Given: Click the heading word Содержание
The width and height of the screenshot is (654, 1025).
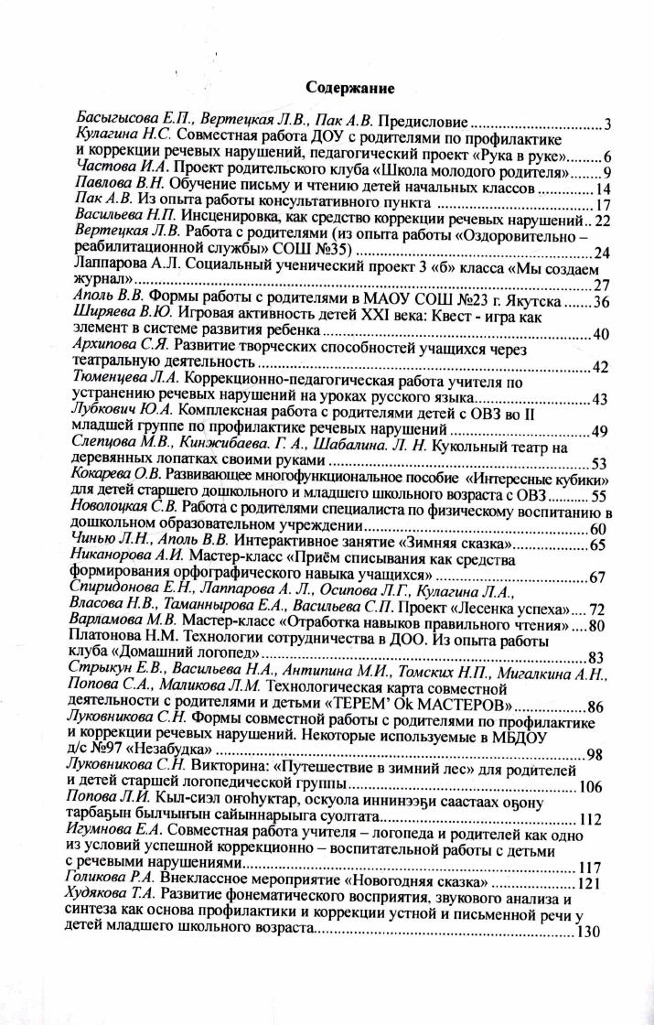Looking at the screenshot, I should pyautogui.click(x=349, y=89).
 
